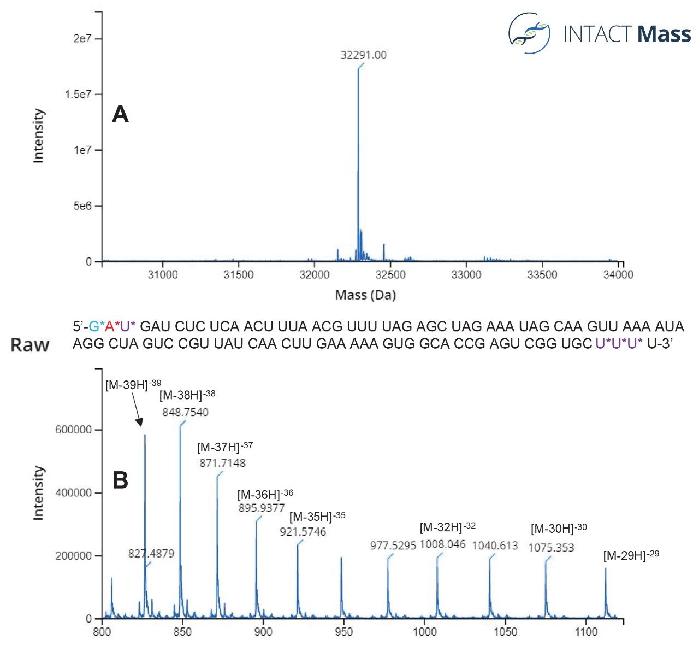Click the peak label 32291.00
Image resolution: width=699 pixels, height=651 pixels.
point(363,55)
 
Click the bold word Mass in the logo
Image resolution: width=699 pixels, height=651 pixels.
point(664,34)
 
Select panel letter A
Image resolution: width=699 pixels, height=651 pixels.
point(120,114)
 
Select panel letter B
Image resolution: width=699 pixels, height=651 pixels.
point(120,480)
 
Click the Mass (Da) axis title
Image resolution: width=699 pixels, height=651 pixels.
point(365,295)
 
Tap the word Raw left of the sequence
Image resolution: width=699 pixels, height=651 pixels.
point(30,345)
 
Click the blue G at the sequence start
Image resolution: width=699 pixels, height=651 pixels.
point(93,327)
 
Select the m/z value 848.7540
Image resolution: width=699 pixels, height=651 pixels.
point(185,412)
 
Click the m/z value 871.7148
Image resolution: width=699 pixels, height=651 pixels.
point(222,463)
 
